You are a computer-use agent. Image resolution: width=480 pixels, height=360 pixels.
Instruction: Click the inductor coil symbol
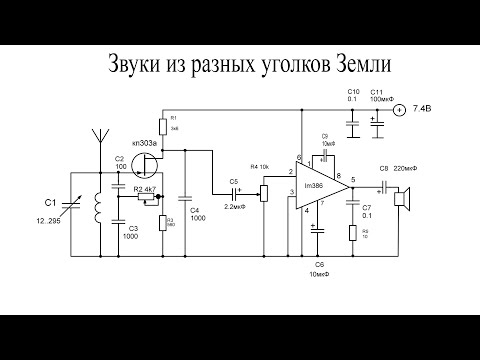tap(98, 206)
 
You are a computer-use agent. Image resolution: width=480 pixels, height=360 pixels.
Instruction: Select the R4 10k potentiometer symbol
tap(264, 190)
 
